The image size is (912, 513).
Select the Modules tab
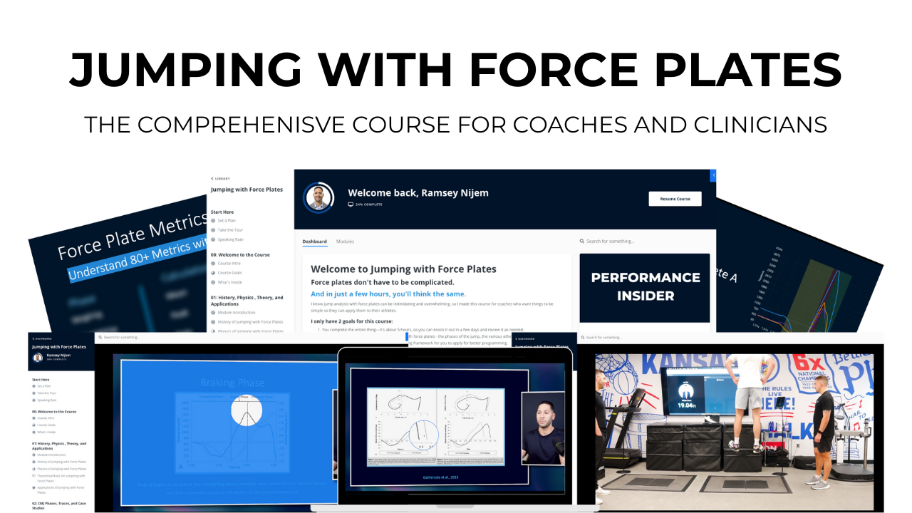pyautogui.click(x=345, y=242)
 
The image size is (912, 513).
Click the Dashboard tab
pyautogui.click(x=314, y=242)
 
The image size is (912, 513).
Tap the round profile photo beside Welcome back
pyautogui.click(x=319, y=198)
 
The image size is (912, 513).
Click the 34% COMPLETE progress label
pyautogui.click(x=368, y=204)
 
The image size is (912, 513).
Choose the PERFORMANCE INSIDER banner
pyautogui.click(x=645, y=287)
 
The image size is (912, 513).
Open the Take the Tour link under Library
pyautogui.click(x=230, y=230)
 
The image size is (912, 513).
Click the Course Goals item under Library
pyautogui.click(x=229, y=273)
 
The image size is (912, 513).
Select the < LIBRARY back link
pyautogui.click(x=220, y=178)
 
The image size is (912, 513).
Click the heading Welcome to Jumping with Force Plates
pyautogui.click(x=403, y=269)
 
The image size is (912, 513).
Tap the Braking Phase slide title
pyautogui.click(x=232, y=383)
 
